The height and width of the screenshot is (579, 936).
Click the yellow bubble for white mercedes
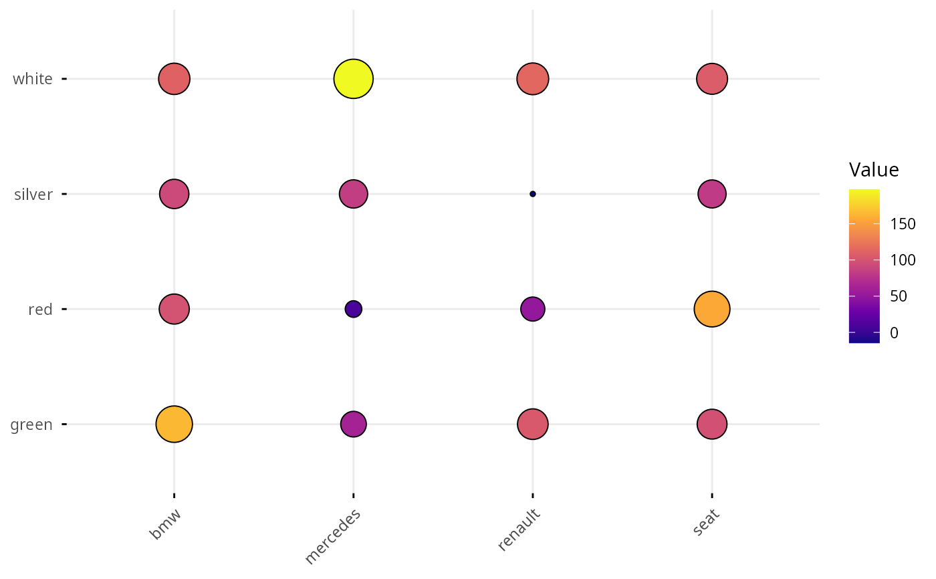click(354, 79)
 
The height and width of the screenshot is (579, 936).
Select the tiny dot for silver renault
click(533, 194)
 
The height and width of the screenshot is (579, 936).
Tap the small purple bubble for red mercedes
click(354, 309)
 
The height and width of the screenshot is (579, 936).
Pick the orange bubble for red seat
click(712, 309)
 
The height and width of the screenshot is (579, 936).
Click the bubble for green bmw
click(174, 424)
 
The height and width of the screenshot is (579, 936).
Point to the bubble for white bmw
click(174, 79)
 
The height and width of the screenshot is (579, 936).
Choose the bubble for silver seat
click(712, 194)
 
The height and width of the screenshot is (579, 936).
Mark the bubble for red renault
click(533, 309)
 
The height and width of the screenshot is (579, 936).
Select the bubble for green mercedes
click(354, 424)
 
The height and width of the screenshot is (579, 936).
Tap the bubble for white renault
click(533, 79)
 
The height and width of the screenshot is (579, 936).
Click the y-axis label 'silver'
click(33, 194)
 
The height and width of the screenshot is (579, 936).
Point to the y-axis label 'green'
click(31, 424)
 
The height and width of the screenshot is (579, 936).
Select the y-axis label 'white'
click(33, 79)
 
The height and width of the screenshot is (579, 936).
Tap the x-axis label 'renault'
click(519, 530)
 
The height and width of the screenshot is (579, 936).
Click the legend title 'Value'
click(874, 170)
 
